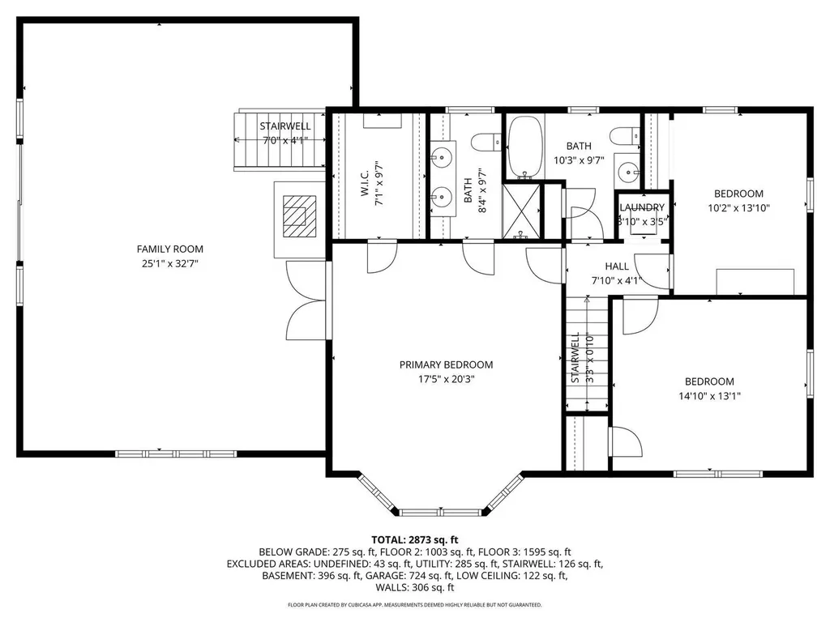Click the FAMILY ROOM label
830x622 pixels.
click(169, 249)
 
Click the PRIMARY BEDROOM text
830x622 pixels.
click(446, 364)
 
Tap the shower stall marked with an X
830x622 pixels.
click(523, 211)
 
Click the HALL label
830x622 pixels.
click(617, 266)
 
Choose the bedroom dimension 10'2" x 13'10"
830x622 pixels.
click(738, 207)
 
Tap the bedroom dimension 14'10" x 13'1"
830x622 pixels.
click(709, 395)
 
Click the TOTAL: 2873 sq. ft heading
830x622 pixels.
click(415, 539)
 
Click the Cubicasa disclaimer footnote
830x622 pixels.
click(415, 605)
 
